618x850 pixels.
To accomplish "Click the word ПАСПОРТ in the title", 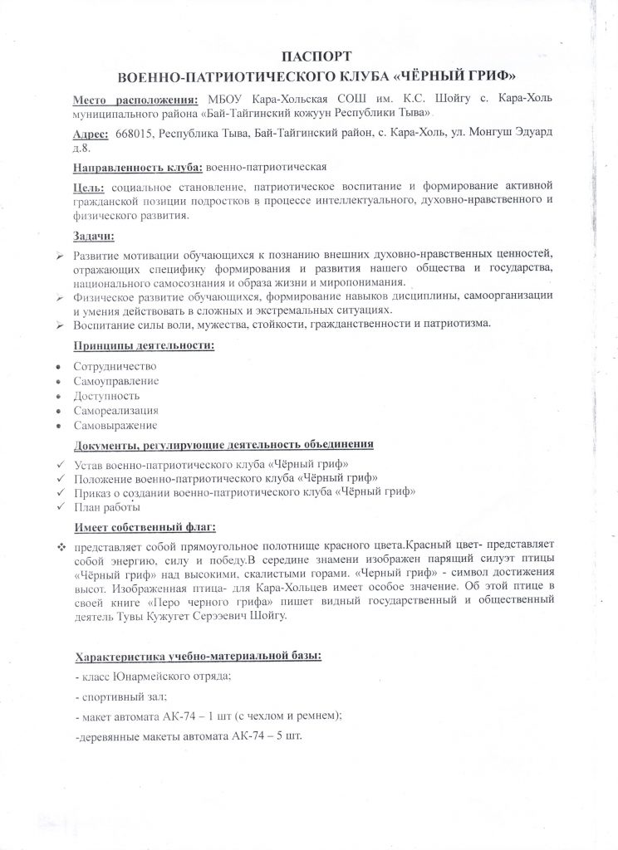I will click(x=308, y=57).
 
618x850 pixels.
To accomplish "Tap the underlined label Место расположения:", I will click(x=130, y=99).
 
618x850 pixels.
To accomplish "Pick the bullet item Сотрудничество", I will click(x=115, y=366).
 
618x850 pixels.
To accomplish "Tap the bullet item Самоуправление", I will click(x=115, y=381).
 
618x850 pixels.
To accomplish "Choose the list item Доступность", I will click(x=105, y=396).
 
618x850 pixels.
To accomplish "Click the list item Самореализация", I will click(x=115, y=411).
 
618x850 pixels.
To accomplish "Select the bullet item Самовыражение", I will click(x=115, y=426).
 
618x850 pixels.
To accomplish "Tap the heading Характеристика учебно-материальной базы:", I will click(x=198, y=657).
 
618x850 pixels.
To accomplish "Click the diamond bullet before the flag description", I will click(x=61, y=548).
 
